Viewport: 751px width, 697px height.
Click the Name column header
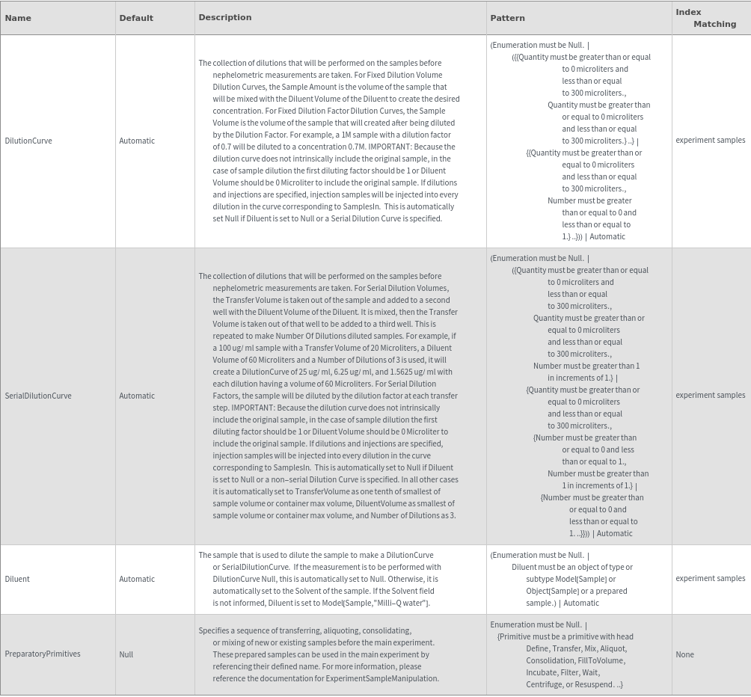pos(18,18)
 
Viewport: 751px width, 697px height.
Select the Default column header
pos(136,18)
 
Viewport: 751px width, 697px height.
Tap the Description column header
pos(224,17)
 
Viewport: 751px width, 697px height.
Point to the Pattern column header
pos(507,18)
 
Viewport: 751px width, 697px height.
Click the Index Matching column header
pos(705,18)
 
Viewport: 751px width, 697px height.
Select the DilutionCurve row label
pos(28,141)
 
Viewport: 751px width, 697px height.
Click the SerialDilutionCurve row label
pos(38,396)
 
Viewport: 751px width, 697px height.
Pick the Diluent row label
pos(17,579)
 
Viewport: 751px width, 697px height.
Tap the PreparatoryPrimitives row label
pos(43,654)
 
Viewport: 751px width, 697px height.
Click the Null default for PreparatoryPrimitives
pos(126,654)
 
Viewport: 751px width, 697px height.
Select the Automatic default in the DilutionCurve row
pos(137,141)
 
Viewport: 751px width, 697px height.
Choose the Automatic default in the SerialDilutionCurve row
pos(137,396)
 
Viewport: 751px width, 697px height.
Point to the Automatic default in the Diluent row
pos(137,579)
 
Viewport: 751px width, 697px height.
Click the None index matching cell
pos(684,654)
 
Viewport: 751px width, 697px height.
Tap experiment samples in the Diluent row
pos(710,578)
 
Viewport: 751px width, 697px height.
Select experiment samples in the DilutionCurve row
pos(710,140)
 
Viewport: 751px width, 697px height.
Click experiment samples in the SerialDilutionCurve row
pos(710,395)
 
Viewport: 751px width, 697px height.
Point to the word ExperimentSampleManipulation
pos(381,678)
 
